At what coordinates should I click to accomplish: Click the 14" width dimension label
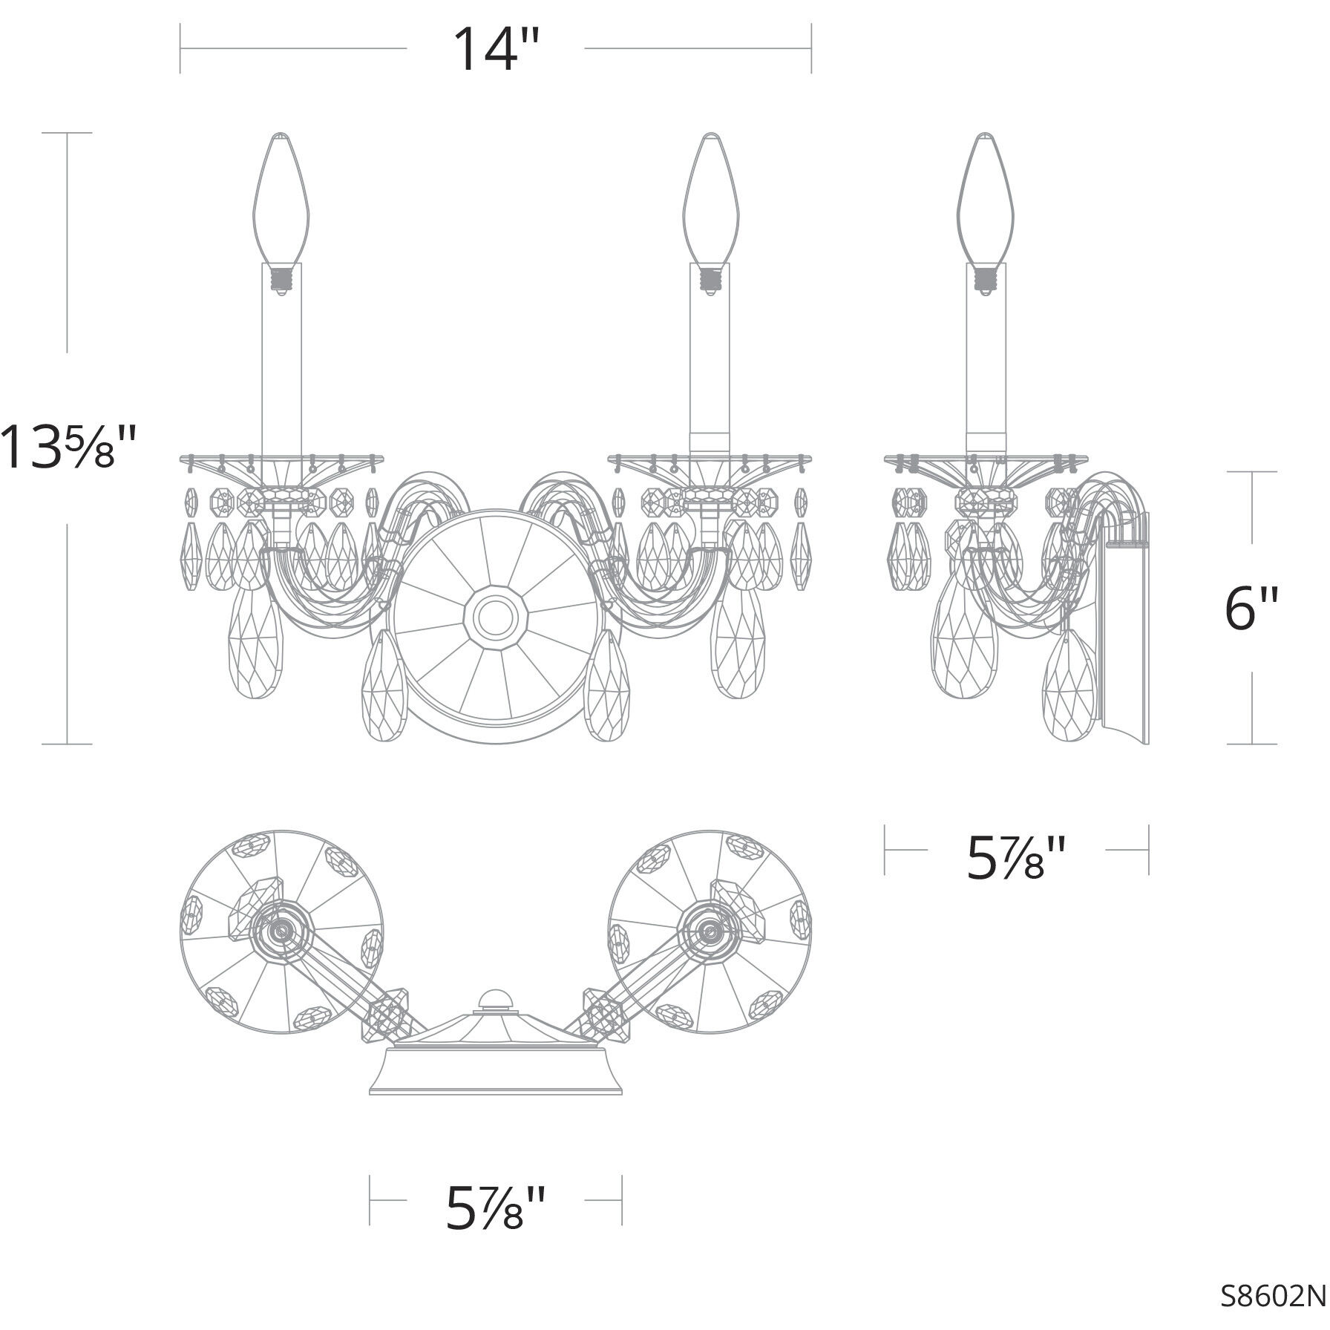coord(495,49)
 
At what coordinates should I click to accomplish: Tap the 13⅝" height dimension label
coord(68,446)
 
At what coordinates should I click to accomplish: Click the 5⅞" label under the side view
coord(1016,859)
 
